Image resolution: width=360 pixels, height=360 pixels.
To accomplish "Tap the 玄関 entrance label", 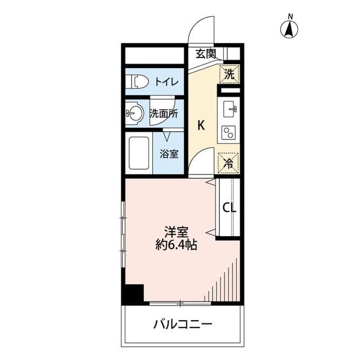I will pos(206,54).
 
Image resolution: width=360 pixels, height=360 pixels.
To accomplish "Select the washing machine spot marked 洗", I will pos(229,73).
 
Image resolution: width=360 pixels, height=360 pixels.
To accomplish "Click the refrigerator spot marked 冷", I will pos(229,163).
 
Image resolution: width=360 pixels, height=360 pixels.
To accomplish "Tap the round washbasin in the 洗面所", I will pos(134,113).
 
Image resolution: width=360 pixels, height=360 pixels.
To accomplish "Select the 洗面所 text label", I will pos(164,113).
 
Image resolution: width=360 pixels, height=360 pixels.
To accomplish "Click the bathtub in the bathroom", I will pos(138,153).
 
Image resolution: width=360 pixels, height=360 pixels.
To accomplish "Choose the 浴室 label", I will pos(169,153).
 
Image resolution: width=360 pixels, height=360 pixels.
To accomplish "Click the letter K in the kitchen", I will pos(200,125).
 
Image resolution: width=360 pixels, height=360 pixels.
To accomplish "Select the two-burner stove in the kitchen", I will pos(229,133).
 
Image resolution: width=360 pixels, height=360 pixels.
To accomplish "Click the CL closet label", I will pos(229,208).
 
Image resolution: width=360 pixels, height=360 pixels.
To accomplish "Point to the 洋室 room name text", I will pos(176,232).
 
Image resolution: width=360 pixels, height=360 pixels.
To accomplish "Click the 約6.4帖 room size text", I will pos(176,245).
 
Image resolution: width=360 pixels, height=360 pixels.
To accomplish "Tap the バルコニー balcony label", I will pos(182,325).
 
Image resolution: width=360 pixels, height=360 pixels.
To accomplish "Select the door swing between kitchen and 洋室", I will pos(201,162).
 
